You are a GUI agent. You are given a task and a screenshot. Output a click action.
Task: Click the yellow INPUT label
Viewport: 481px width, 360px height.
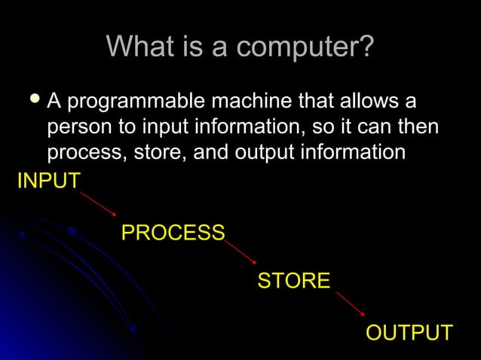click(x=49, y=182)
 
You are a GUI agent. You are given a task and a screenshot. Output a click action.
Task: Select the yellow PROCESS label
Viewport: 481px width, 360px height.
click(x=173, y=233)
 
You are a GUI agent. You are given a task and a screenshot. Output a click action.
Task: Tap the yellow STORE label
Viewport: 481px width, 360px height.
click(x=293, y=282)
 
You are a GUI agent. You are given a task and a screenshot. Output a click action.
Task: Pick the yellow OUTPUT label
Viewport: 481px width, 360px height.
click(x=409, y=333)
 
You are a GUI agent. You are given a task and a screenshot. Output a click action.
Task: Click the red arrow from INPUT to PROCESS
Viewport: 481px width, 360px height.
click(x=99, y=203)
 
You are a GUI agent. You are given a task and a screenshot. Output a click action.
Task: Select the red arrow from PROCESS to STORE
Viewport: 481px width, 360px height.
click(x=241, y=252)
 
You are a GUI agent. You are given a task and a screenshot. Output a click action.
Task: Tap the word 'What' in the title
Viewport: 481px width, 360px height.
click(x=136, y=47)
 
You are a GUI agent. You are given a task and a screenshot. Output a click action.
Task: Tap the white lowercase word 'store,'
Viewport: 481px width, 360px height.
click(x=161, y=152)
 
